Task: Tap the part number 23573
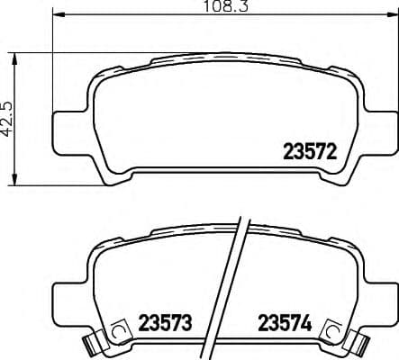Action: click(166, 321)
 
